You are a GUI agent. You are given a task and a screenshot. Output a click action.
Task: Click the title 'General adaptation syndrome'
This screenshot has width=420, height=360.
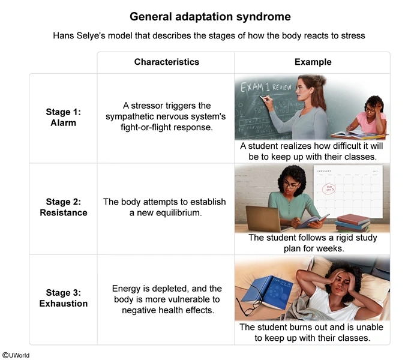210,16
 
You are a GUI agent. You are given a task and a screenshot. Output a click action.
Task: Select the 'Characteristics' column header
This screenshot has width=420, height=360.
166,62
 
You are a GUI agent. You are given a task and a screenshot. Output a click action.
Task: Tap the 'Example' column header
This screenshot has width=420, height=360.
313,62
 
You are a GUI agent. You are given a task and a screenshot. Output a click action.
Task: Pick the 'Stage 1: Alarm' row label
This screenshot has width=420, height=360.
63,117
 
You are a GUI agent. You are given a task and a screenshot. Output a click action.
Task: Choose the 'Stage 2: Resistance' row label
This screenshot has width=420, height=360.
63,207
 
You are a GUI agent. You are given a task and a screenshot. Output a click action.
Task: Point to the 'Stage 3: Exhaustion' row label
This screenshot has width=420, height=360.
63,298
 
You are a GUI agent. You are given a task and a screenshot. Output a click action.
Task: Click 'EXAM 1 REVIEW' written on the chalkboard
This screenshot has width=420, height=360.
267,88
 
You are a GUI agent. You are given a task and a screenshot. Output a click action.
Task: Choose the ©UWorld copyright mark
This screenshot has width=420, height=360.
16,355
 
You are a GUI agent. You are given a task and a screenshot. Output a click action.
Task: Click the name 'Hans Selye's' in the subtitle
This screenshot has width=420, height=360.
80,35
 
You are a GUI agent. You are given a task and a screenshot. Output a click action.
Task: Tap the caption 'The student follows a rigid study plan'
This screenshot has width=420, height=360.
313,238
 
